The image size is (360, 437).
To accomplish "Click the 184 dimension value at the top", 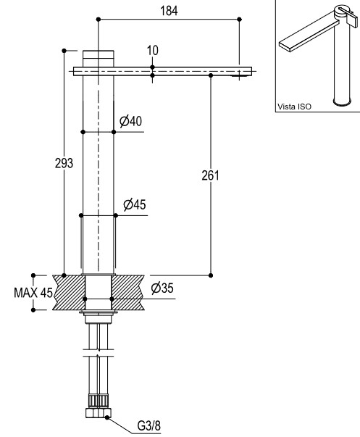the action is point(169,11).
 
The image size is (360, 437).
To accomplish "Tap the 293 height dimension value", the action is point(64,163).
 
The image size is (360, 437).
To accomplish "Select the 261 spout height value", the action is point(210,175).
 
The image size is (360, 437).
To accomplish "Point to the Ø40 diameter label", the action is point(130,121).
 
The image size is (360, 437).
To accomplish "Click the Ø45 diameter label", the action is point(134,205).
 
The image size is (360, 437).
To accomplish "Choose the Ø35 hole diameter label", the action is point(162,288).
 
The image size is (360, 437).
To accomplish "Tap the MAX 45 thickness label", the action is point(33,293).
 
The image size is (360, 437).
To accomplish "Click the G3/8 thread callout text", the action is point(148,425).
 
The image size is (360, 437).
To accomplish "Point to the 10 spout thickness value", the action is point(152,51).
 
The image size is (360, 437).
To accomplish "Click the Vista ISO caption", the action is point(294,107).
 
